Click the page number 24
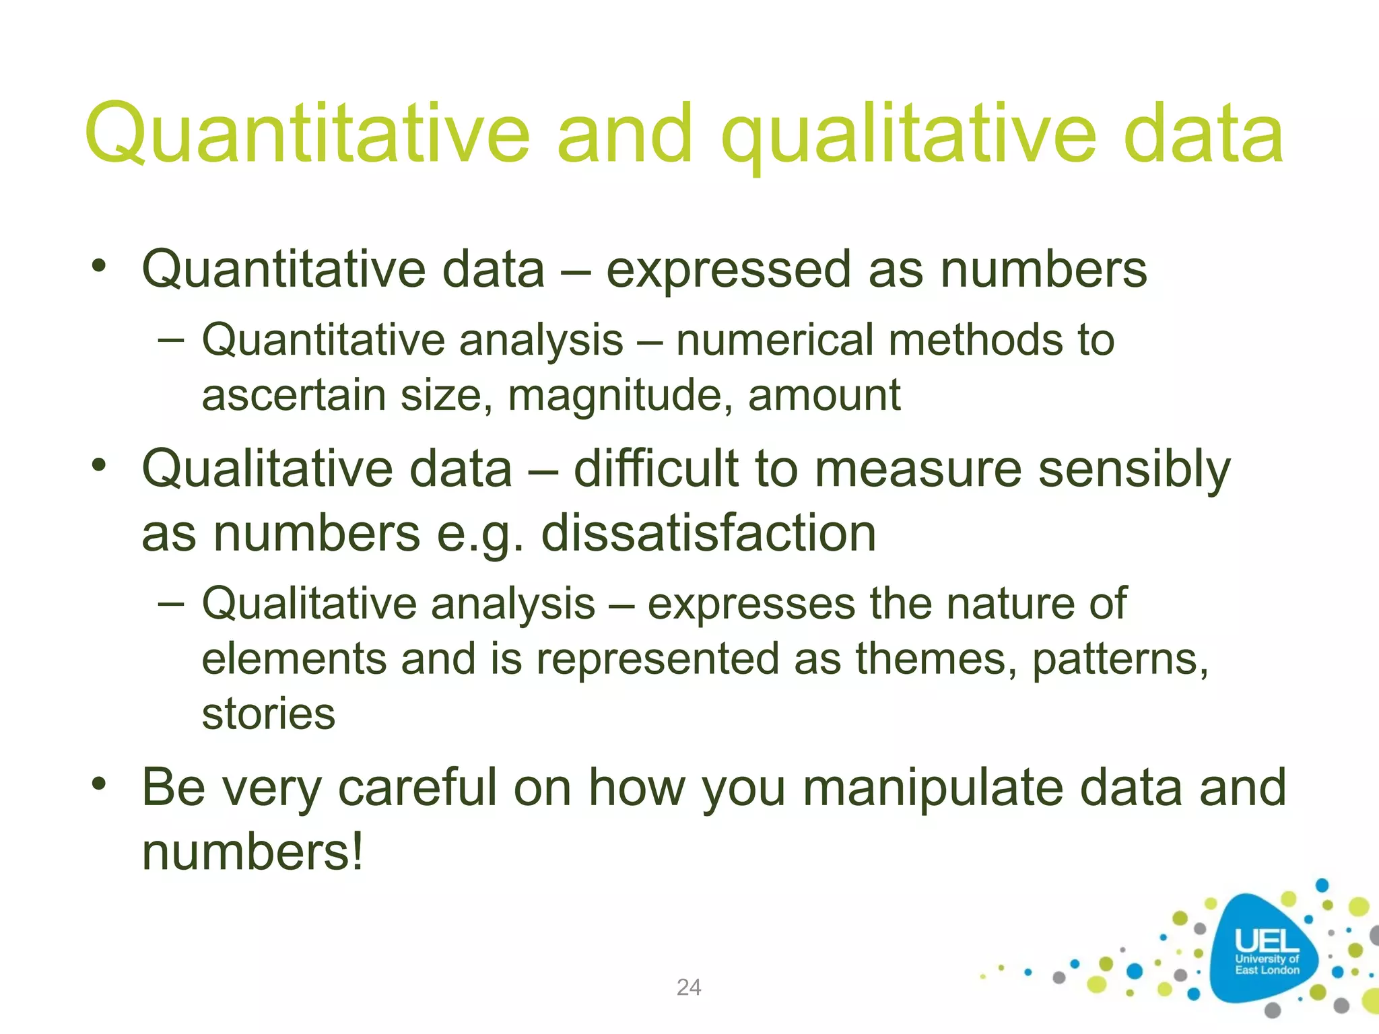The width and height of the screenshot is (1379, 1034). [689, 987]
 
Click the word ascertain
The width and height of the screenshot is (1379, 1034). [294, 395]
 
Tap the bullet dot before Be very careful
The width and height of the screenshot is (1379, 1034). [100, 783]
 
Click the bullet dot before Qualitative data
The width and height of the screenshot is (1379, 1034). [100, 464]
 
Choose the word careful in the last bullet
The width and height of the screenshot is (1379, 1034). [417, 788]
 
